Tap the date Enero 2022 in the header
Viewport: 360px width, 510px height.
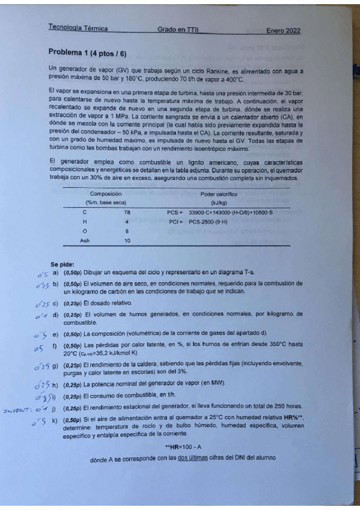coord(283,31)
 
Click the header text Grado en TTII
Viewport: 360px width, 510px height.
coord(178,29)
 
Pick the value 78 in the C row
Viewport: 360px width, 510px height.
coord(127,212)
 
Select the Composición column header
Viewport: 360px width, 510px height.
coord(106,194)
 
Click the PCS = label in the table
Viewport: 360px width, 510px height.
coord(174,212)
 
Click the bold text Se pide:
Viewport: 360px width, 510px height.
coord(62,264)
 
